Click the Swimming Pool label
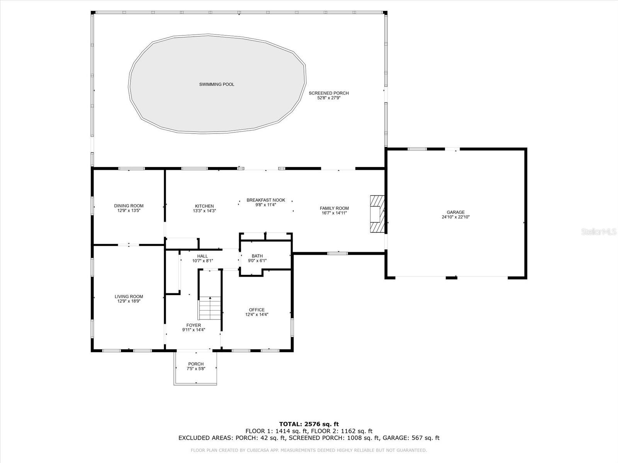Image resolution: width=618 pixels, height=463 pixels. [x=217, y=84]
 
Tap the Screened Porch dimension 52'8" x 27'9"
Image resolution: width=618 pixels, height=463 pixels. [x=329, y=98]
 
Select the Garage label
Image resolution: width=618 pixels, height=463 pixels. [x=455, y=212]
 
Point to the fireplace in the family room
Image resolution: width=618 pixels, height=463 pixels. [x=377, y=214]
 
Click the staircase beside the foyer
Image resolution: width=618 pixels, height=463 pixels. [x=210, y=308]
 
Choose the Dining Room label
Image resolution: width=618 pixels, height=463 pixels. [x=129, y=206]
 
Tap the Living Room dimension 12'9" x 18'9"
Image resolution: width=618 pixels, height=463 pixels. [x=129, y=301]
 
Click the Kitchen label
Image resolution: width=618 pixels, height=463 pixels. [x=204, y=206]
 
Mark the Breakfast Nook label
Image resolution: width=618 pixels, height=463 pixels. [x=266, y=200]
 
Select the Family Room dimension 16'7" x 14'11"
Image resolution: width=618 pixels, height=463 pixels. [x=334, y=213]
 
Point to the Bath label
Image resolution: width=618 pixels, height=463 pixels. [x=257, y=256]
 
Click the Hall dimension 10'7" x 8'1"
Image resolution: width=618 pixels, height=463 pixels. [x=202, y=261]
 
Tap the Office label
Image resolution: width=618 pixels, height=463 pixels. [x=257, y=310]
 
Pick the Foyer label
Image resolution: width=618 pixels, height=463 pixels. [x=194, y=325]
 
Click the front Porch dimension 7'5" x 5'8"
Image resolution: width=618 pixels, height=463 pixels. [x=196, y=368]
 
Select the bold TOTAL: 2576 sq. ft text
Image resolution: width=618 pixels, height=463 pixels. [x=309, y=424]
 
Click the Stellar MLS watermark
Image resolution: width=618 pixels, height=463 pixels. [x=599, y=231]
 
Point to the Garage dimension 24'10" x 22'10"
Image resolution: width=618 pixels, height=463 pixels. [x=455, y=217]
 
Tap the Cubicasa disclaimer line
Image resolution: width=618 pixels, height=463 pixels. [x=309, y=450]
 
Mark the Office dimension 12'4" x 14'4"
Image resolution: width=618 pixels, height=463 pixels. [x=257, y=314]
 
